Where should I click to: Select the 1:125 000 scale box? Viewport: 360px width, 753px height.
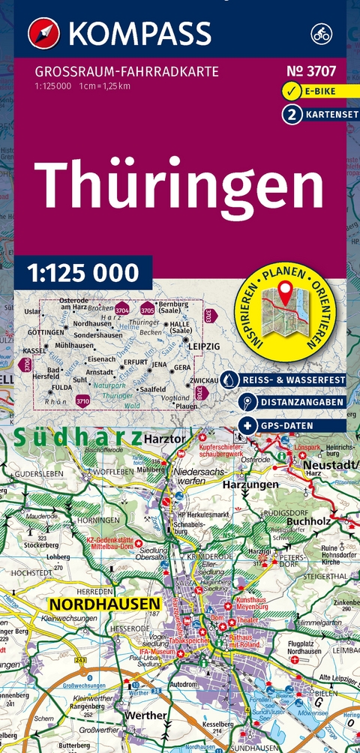coord(82,271)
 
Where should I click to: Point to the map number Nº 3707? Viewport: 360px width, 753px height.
coord(310,73)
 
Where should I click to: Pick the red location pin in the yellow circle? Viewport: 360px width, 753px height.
coord(286,290)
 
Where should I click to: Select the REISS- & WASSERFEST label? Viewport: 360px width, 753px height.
coord(294,380)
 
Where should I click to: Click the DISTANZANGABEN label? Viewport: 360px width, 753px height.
coord(294,403)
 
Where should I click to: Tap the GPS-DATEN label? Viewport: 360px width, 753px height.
coord(294,425)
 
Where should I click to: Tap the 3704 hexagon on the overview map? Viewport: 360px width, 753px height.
coord(121,310)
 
